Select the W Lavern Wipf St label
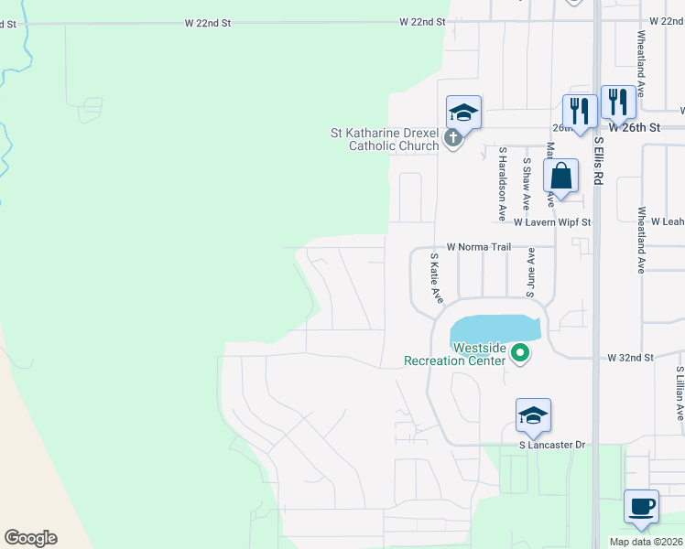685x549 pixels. click(552, 222)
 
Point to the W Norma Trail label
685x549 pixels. click(478, 247)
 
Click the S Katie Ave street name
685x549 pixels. click(436, 279)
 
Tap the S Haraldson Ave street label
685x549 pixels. click(502, 183)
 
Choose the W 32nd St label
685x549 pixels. click(631, 358)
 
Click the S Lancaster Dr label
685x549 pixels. click(551, 445)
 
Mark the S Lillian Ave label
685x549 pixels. click(680, 393)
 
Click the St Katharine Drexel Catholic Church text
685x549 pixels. click(385, 139)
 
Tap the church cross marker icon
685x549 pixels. click(451, 139)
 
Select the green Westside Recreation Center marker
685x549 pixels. click(520, 351)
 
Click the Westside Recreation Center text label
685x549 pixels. click(455, 354)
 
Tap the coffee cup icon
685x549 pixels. click(641, 505)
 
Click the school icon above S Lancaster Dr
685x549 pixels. click(533, 415)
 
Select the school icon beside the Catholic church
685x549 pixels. click(463, 113)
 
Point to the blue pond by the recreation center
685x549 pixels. click(495, 328)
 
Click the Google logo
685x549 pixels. click(30, 538)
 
